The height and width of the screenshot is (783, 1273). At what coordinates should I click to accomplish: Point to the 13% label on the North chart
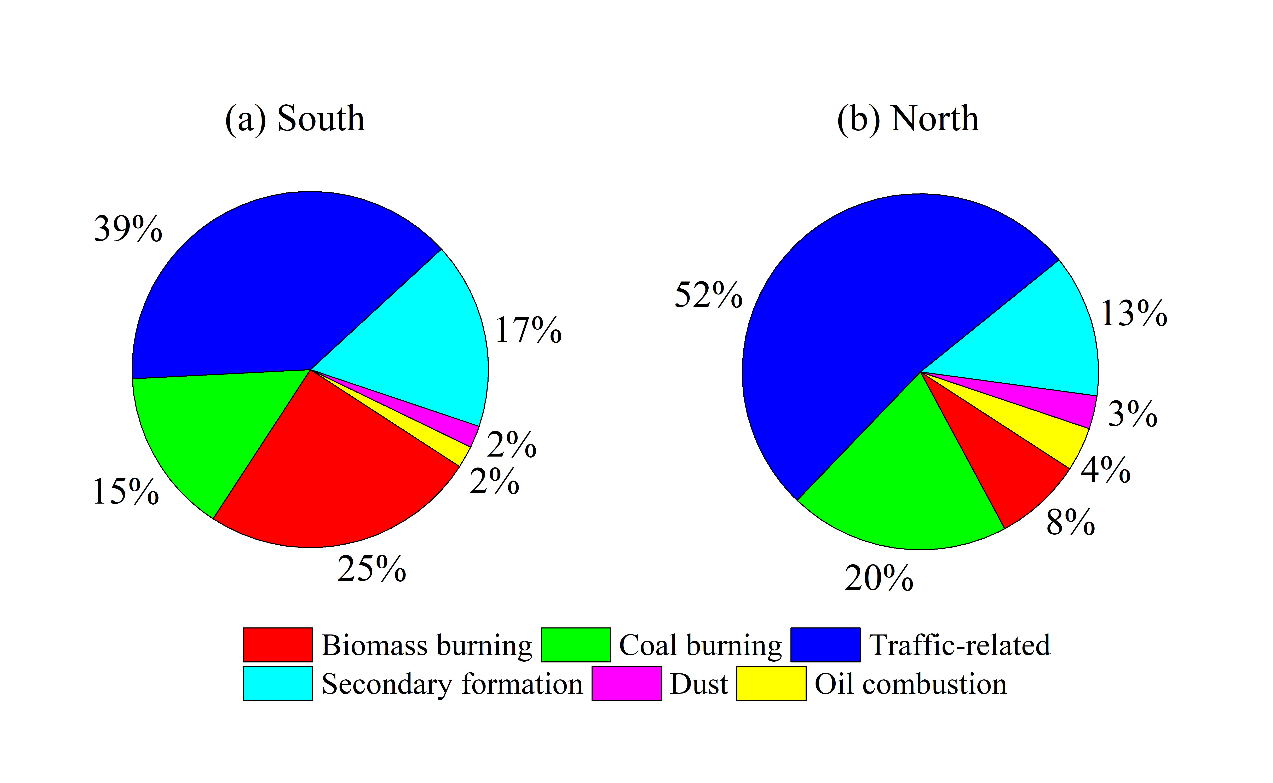[x=1134, y=313]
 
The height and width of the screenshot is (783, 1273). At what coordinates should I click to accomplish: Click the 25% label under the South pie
[x=371, y=569]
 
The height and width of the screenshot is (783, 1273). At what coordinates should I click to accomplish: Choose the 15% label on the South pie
[x=125, y=491]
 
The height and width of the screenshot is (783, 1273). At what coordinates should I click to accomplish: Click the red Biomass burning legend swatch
[x=278, y=645]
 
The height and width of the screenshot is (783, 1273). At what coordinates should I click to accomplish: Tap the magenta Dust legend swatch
[x=626, y=684]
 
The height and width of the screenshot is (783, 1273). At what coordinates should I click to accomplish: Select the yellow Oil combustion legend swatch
[x=771, y=684]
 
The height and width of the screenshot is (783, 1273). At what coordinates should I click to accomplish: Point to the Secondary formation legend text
[x=452, y=684]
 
